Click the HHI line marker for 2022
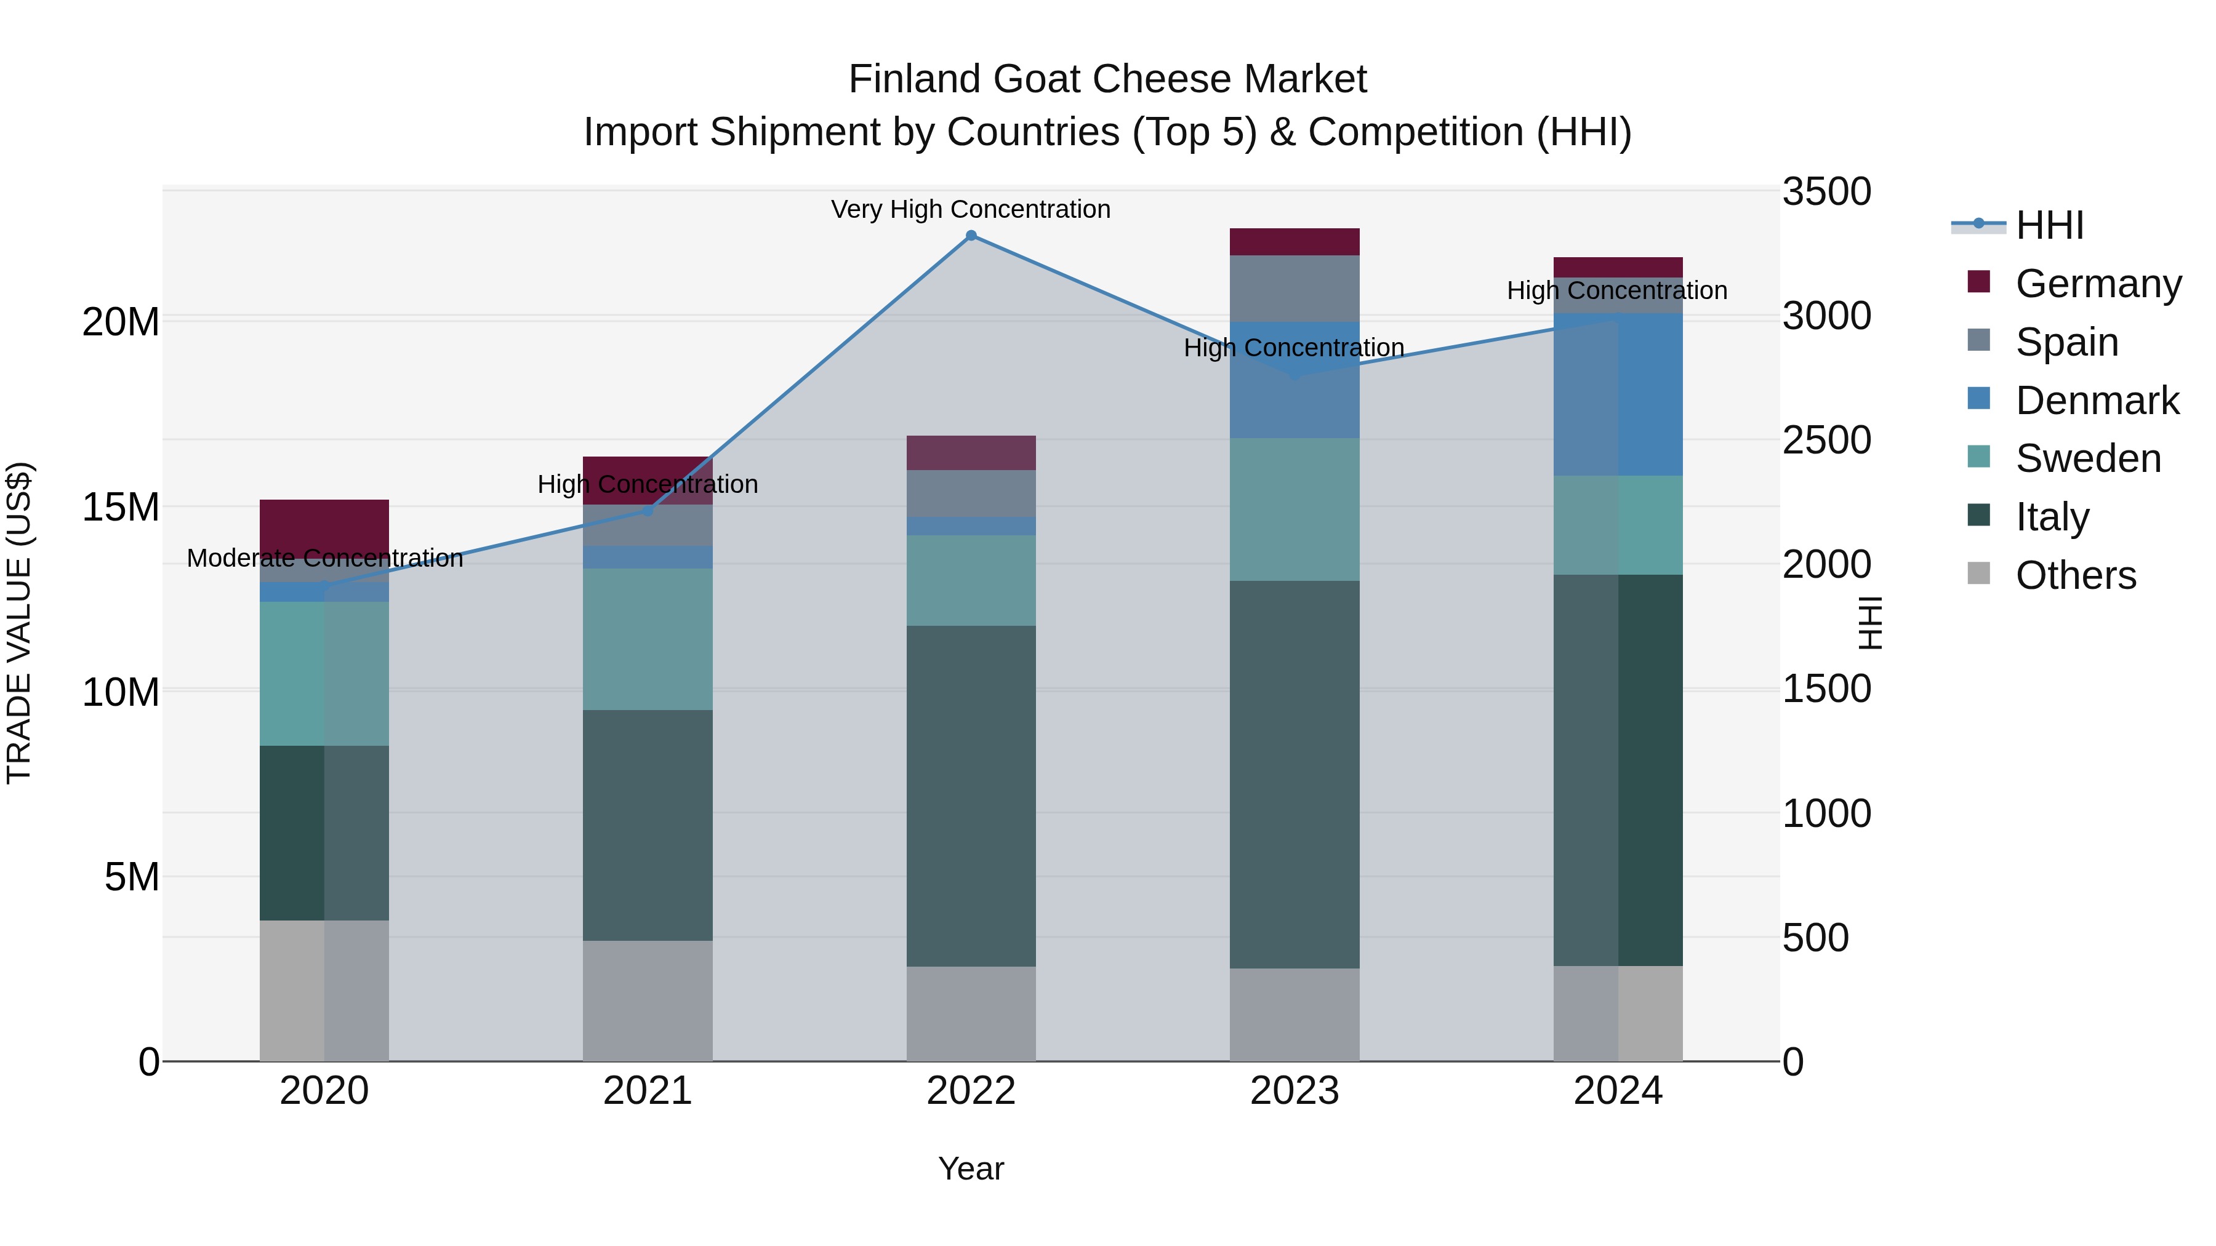971,236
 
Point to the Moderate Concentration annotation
324,558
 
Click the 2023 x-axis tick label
1294,1090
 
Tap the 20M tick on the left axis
121,322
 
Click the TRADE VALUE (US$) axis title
19,623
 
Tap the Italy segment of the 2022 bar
971,796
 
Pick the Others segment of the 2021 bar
648,1000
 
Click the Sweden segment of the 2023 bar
1294,509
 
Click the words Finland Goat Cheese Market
1107,79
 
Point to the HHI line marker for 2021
648,511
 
